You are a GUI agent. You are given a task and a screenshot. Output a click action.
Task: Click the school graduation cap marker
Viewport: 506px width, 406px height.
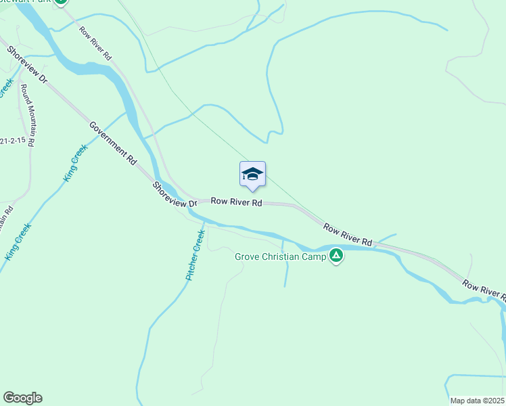coord(253,175)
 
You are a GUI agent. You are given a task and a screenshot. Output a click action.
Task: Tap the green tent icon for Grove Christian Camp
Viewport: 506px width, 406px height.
coord(336,256)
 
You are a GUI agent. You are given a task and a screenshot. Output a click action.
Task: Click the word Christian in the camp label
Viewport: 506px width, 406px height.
coord(282,256)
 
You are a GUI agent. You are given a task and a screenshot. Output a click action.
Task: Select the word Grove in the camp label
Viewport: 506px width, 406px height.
coord(248,256)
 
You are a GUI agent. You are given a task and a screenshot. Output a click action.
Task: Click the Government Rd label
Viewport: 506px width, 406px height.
coord(113,144)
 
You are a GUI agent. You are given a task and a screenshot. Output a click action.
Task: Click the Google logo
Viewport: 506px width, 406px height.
coord(22,398)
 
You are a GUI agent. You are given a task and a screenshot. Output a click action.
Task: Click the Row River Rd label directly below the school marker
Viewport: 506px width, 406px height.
coord(236,202)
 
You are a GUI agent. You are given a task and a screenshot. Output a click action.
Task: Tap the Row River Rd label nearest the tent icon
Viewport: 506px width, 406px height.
coord(347,233)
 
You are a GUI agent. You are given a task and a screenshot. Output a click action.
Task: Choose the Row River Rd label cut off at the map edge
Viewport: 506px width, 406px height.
coord(484,289)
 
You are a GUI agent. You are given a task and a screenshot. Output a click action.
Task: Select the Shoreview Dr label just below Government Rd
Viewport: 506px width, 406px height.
coord(173,195)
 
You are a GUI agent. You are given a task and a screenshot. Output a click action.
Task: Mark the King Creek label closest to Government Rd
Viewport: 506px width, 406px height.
coord(75,164)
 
